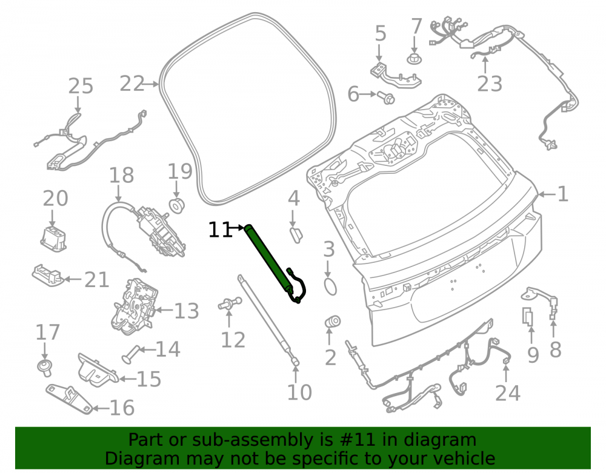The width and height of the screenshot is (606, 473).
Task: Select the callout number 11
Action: click(219, 230)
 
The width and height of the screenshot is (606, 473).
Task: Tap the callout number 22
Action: click(132, 84)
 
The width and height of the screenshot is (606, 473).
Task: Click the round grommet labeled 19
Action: click(176, 205)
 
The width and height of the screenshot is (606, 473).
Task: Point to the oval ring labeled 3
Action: click(330, 286)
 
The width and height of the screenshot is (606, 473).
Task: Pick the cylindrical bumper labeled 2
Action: click(332, 322)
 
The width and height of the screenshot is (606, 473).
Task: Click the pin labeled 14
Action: click(132, 354)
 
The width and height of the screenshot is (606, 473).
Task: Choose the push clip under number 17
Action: click(45, 367)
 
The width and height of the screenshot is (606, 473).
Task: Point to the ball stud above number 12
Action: click(230, 303)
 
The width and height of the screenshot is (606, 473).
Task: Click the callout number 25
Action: click(81, 86)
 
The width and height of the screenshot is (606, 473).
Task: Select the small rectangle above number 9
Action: click(528, 316)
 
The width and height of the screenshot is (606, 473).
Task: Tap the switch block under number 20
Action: click(53, 239)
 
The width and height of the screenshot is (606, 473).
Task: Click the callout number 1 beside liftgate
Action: click(563, 194)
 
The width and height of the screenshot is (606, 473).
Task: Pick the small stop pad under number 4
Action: click(296, 235)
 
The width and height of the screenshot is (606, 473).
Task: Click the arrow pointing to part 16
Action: click(102, 408)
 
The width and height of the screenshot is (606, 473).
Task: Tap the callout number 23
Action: click(490, 84)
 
